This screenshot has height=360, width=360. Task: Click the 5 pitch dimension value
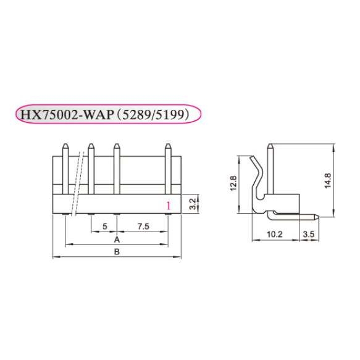click(105, 225)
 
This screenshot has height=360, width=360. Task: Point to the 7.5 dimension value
click(143, 225)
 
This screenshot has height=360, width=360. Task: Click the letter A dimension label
click(117, 239)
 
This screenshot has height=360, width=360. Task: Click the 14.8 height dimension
click(329, 179)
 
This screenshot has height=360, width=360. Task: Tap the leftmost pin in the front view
click(65, 167)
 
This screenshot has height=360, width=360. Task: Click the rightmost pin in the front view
click(168, 167)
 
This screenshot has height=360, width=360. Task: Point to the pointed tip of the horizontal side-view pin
click(317, 217)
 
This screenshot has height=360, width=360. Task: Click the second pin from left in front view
click(91, 167)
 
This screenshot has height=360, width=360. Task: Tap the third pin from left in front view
click(117, 167)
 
